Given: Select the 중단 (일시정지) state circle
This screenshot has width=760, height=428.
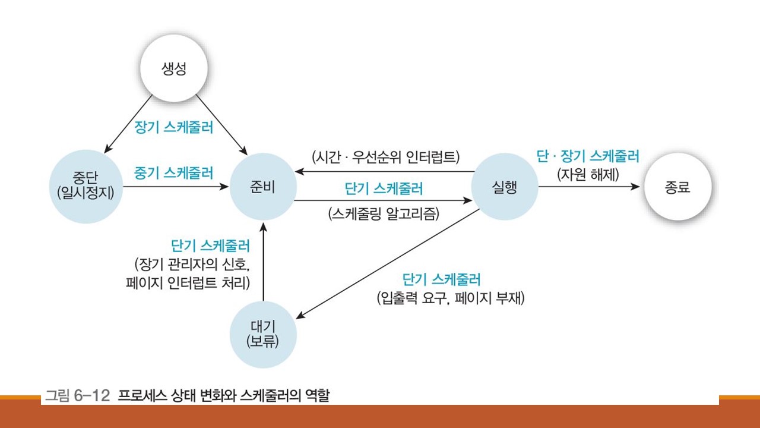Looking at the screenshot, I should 88,187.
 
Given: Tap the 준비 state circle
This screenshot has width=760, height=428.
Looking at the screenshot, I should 263,187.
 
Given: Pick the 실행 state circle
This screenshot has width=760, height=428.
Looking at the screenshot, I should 504,187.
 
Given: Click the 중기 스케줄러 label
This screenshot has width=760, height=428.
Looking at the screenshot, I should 173,173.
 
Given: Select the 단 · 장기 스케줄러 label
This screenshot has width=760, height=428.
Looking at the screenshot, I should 588,156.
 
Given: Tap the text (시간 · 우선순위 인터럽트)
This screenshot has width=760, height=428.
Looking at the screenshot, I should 386,158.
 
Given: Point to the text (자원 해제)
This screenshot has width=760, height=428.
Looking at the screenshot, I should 587,175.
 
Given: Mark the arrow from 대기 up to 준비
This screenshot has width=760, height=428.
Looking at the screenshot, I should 263,262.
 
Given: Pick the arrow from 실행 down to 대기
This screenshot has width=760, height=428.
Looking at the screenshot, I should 392,264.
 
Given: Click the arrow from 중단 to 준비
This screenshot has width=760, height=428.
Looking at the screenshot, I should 177,187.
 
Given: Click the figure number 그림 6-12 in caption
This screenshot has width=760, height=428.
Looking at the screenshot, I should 77,396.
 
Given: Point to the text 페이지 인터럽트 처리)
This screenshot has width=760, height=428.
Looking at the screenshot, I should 186,282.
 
